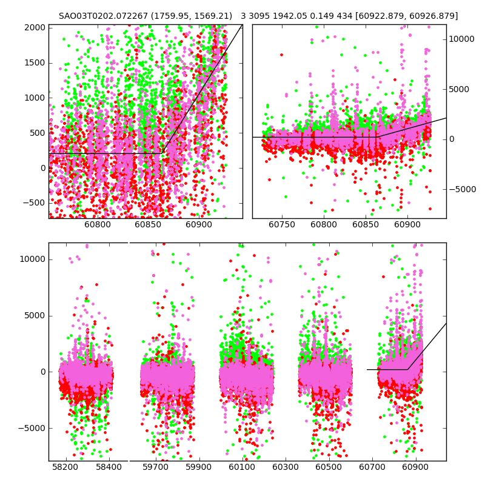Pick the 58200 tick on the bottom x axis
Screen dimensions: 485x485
(65, 468)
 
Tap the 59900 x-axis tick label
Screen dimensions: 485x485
(198, 468)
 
